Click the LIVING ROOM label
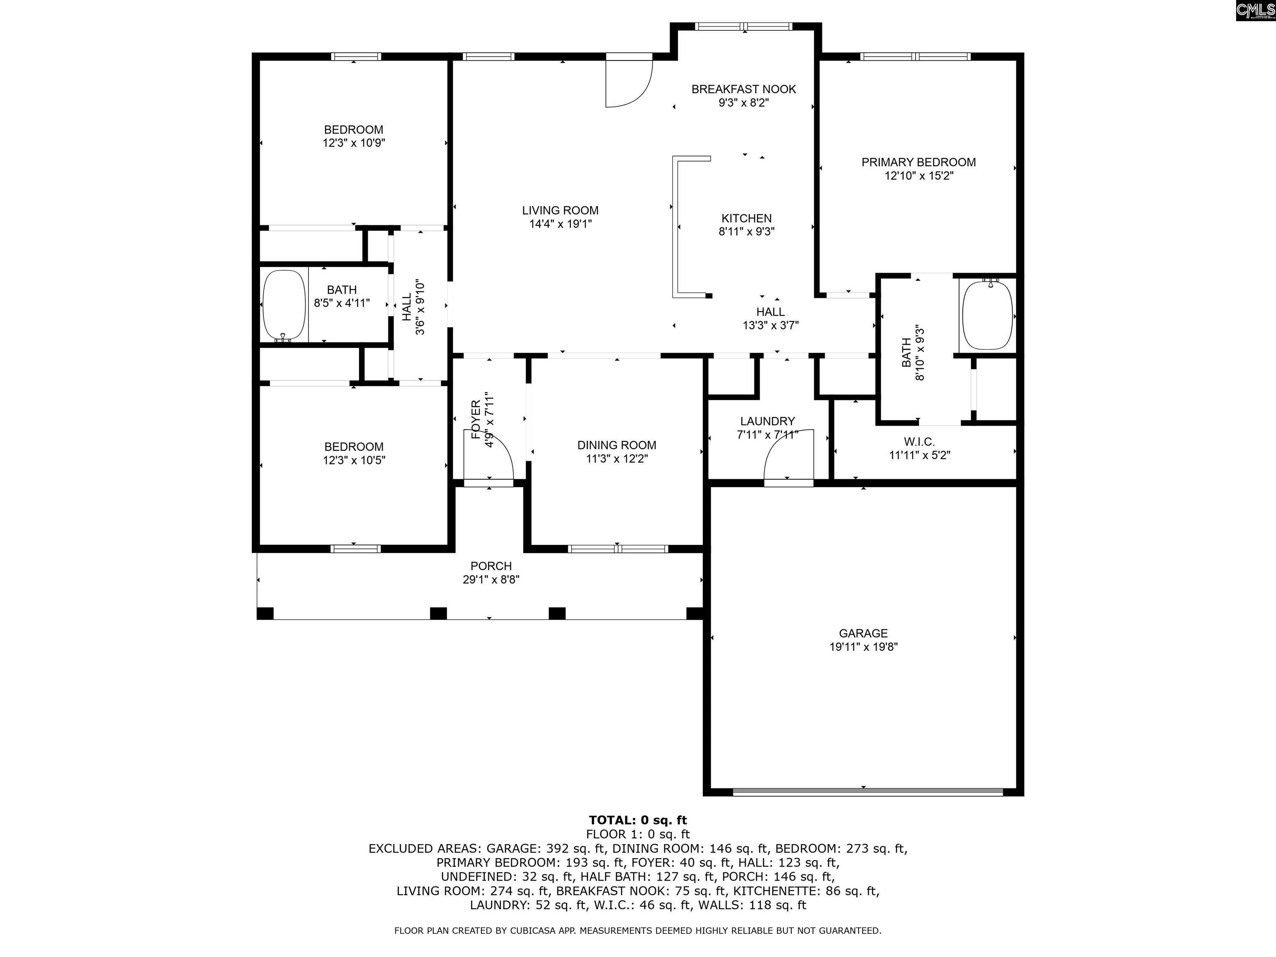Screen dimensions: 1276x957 560,211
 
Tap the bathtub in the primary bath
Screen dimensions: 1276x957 988,315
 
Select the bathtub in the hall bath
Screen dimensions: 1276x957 284,306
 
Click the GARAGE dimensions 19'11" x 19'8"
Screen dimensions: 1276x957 863,647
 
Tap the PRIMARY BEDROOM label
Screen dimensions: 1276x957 918,162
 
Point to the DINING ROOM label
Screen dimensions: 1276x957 617,445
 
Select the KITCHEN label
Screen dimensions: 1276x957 746,218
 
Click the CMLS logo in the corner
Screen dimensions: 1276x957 1255,10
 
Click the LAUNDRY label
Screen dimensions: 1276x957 767,421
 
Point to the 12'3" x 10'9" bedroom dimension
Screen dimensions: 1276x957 353,143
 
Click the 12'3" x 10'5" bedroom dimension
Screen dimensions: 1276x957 353,460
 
